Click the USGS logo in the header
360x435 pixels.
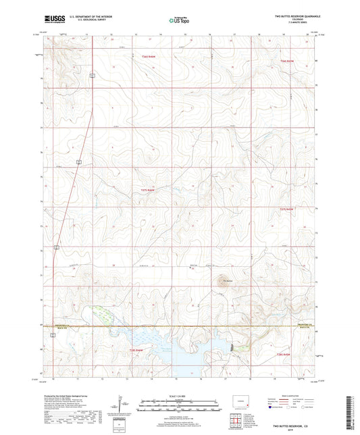click(52, 20)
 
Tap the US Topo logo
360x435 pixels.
click(180, 21)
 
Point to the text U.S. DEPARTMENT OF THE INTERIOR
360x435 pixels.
click(89, 17)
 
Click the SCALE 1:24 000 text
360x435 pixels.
click(180, 395)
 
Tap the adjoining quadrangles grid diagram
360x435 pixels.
click(234, 423)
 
